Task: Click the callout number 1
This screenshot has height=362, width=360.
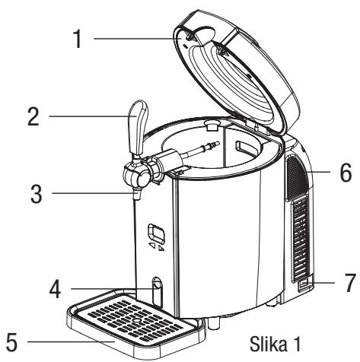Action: (78, 39)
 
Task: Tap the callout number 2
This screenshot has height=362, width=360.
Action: (33, 116)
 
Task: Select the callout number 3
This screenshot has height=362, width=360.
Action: (37, 194)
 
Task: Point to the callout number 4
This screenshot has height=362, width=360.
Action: (55, 289)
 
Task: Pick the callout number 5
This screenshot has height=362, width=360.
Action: (11, 342)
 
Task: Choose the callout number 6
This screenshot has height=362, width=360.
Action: (346, 173)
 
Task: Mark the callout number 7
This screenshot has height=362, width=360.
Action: (351, 282)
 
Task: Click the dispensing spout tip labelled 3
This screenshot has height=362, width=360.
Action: (137, 195)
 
